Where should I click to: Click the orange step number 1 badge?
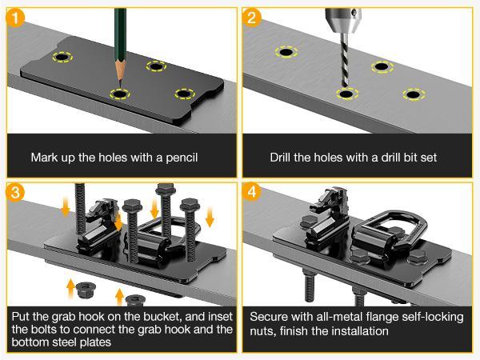pos(15,18)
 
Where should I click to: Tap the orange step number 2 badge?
pos(252,18)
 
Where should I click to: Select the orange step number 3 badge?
pos(15,192)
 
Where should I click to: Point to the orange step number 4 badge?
pos(252,192)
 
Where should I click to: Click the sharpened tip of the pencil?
pos(120,88)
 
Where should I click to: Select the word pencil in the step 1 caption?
pos(182,158)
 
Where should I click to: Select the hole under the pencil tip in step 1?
pos(120,94)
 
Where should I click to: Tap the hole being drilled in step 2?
pos(347,94)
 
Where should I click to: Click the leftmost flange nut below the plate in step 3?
pos(86,290)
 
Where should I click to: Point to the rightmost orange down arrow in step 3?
pos(210,217)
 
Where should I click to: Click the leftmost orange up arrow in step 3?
pos(70,289)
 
